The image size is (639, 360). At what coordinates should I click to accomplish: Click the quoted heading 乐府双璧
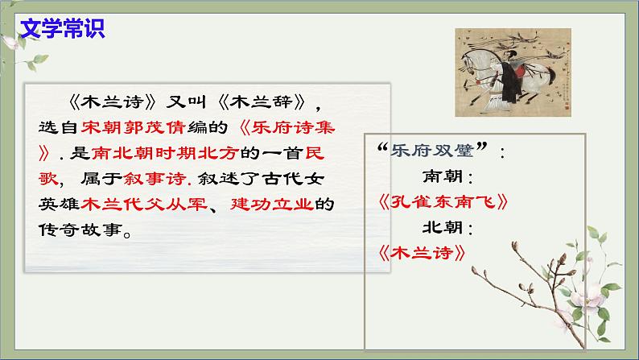click(x=435, y=151)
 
